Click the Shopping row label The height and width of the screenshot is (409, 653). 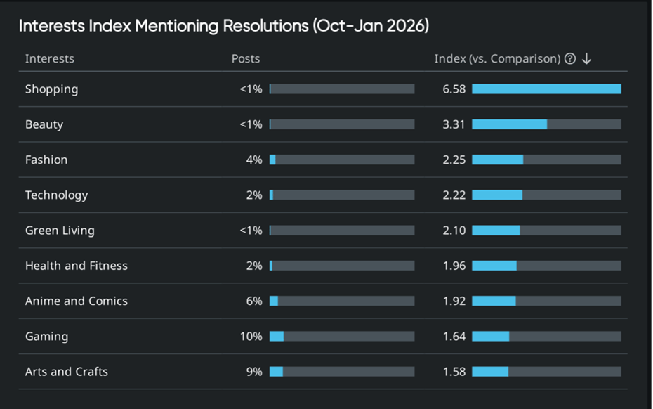51,89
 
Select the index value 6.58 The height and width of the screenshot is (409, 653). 454,89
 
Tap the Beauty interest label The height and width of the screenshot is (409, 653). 44,124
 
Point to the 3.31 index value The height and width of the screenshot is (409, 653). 454,124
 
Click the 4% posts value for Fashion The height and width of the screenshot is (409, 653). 253,160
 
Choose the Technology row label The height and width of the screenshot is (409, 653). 56,195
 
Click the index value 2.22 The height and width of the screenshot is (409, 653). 454,195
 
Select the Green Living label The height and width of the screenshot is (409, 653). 60,231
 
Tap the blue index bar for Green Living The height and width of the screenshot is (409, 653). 496,231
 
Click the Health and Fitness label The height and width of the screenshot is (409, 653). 77,266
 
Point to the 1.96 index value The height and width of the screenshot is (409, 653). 454,266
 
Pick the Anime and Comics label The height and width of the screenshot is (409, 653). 77,301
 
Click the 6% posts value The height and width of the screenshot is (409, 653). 253,301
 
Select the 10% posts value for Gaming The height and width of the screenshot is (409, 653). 251,337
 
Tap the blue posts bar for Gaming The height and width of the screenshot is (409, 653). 277,337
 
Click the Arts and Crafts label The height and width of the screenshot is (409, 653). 67,372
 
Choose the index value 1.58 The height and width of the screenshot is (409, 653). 454,372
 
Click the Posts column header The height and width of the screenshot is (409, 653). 246,59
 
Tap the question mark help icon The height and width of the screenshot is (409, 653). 570,59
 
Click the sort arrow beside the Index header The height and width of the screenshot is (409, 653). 587,59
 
